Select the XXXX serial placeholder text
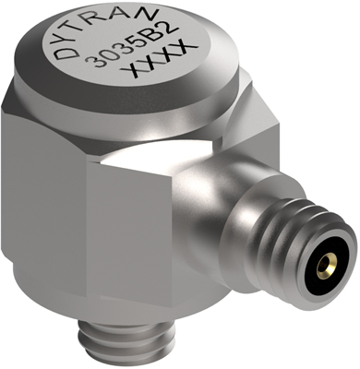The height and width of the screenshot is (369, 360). click(158, 62)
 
